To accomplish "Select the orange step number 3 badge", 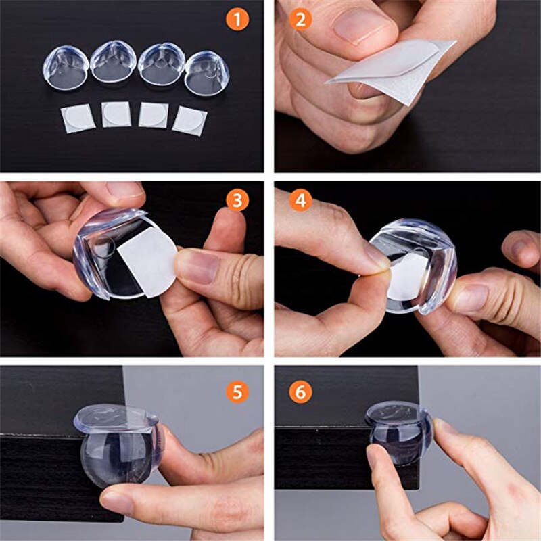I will click(237, 202).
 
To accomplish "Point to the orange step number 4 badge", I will click(302, 202).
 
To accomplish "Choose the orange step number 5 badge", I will click(237, 391).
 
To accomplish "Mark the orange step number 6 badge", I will click(302, 391).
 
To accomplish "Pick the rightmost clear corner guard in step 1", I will click(206, 74).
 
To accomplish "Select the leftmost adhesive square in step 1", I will click(78, 118).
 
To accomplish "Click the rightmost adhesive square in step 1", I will click(189, 120).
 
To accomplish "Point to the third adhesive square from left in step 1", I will click(154, 115).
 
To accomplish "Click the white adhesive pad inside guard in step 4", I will click(407, 274).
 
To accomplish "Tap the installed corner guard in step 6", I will click(399, 429).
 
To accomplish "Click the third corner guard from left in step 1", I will click(161, 64).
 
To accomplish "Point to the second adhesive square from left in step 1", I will click(116, 114).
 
